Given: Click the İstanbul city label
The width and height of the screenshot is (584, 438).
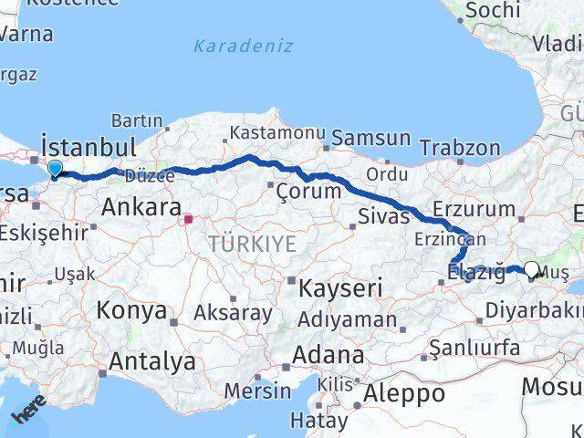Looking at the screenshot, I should coord(89,147).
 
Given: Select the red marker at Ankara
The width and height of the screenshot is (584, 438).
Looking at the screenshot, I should coord(188,219).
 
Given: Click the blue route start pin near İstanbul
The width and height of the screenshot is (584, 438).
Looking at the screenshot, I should coord(55,169).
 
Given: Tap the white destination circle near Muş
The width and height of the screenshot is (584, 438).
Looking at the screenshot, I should coord(532,269).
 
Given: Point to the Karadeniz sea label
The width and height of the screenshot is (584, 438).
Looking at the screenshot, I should coord(230,45).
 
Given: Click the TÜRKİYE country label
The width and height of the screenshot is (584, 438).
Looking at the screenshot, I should coord(252,244).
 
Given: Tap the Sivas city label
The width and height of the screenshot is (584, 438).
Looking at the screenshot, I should coord(378,217).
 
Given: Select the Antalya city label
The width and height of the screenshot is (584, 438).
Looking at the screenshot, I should coord(152,361).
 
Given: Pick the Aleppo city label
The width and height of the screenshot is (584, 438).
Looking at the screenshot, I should coord(404,394).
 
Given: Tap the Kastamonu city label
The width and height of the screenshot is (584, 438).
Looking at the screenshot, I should coord(276,132).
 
